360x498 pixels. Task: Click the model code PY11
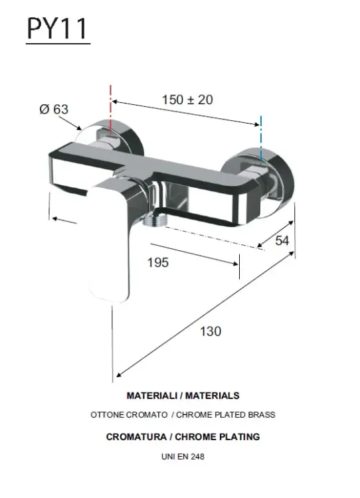pos(57,29)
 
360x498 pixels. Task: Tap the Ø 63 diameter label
pos(54,110)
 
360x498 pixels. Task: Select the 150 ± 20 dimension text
pos(187,100)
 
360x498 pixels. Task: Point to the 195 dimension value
pos(158,263)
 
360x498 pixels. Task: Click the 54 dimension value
pos(282,241)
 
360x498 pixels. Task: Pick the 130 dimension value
pos(211,331)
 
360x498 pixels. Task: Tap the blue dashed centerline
pos(261,139)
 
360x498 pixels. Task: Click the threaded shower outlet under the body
pos(153,220)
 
